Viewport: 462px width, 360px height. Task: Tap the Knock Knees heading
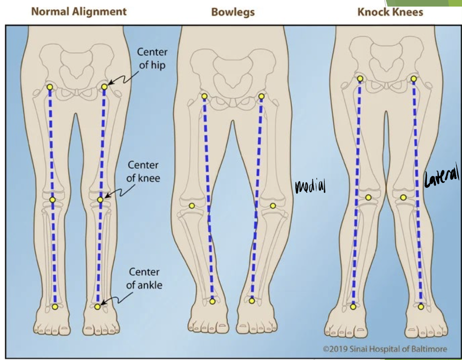coord(390,12)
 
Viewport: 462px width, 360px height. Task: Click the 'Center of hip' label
coord(152,59)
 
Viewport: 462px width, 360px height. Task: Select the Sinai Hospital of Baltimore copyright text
coord(385,349)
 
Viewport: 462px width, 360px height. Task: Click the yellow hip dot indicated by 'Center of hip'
coord(105,86)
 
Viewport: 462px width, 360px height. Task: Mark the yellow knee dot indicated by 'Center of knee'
coord(100,199)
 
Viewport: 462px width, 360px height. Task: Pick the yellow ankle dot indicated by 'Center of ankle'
coord(98,307)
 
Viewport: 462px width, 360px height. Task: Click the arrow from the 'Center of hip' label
coord(119,81)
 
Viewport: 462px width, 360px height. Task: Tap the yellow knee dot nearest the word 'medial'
coord(273,206)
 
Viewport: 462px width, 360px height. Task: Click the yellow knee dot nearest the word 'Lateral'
coord(403,197)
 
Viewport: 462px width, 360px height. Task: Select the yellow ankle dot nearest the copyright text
coord(421,307)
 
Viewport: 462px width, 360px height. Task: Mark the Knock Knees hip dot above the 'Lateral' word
coord(414,79)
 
